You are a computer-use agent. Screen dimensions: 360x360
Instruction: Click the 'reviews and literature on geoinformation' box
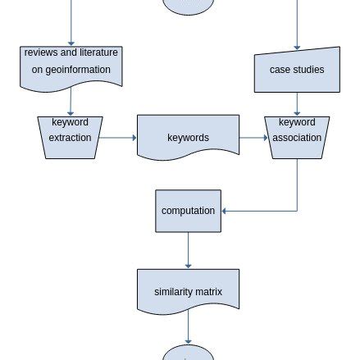[71, 66]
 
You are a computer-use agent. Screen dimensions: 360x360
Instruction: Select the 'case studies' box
[296, 70]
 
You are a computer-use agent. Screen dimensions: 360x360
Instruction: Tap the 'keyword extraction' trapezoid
[70, 136]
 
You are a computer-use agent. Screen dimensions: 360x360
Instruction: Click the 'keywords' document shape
[188, 137]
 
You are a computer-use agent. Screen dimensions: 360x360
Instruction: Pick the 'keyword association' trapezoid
[296, 136]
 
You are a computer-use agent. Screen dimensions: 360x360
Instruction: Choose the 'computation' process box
[188, 211]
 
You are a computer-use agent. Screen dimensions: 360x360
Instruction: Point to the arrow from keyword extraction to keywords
[118, 138]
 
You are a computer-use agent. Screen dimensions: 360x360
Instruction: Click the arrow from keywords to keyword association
[253, 138]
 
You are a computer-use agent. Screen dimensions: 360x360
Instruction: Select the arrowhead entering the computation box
[225, 211]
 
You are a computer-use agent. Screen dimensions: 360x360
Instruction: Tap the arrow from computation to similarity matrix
[188, 251]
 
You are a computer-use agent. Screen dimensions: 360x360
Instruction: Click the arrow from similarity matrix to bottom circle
[188, 329]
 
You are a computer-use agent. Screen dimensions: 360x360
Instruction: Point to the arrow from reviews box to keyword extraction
[71, 102]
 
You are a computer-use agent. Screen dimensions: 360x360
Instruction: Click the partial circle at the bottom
[188, 353]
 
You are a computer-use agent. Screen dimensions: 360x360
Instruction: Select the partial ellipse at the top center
[188, 7]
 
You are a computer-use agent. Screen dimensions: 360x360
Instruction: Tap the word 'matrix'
[209, 291]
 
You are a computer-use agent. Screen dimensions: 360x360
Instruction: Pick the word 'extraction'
[70, 138]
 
